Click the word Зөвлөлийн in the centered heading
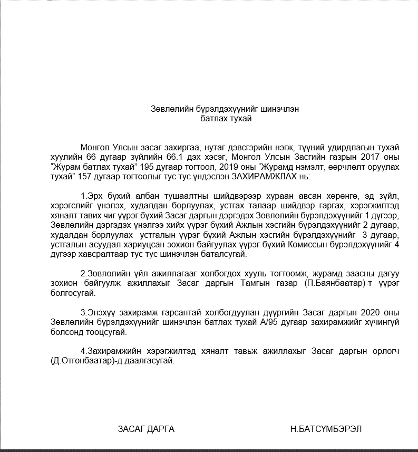click(168, 109)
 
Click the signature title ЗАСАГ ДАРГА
click(146, 429)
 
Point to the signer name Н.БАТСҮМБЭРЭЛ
click(326, 429)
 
